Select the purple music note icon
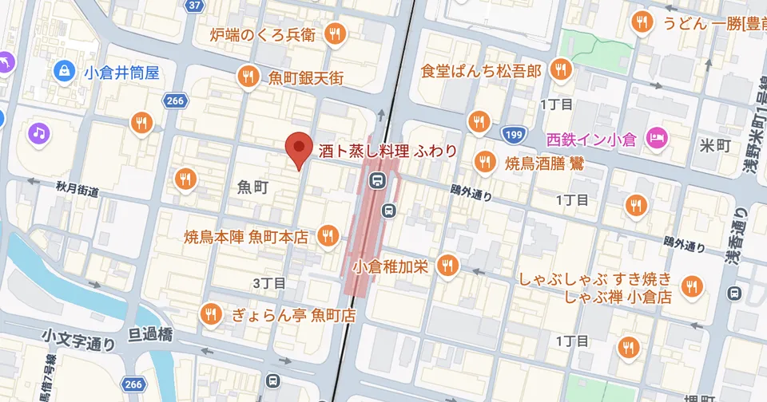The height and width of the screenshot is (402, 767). pos(38,132)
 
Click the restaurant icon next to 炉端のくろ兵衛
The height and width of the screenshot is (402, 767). pos(335,34)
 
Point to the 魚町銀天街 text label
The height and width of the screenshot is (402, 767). pos(306,77)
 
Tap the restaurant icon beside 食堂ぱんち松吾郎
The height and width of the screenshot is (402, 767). pos(562,70)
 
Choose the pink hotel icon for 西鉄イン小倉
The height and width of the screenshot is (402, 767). pos(658,139)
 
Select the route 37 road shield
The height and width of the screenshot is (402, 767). pos(194,6)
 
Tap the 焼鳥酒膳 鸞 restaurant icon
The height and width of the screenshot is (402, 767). pos(483,163)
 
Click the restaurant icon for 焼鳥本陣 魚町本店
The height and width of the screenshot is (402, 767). pos(327,236)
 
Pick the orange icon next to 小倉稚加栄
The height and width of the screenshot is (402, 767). pos(448,266)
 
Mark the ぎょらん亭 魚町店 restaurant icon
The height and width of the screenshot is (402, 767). pos(212,313)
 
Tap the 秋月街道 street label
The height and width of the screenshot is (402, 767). pos(77,190)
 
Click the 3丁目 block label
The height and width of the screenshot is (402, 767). pos(268,283)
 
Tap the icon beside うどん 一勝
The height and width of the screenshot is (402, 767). pos(642,24)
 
